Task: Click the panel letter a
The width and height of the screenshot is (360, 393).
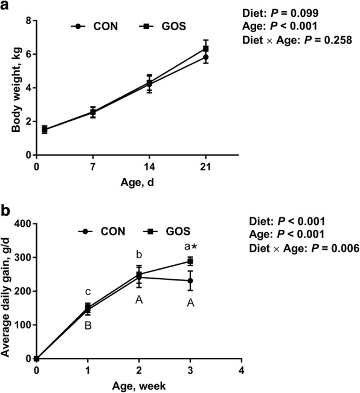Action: (x=5, y=6)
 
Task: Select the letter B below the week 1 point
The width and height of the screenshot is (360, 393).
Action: (x=88, y=325)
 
